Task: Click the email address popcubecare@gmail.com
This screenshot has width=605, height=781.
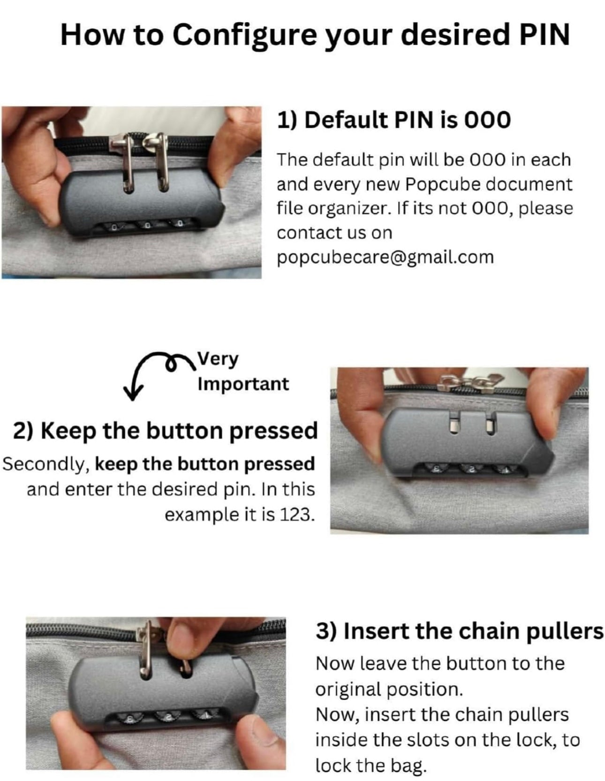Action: coord(385,257)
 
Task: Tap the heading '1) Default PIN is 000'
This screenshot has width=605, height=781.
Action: coord(393,120)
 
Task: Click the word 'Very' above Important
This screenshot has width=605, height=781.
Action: coord(218,359)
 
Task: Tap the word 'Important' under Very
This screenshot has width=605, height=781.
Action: coord(243,384)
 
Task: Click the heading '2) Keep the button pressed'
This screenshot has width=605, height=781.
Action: coord(165,431)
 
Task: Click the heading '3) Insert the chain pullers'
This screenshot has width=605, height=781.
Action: coord(459,631)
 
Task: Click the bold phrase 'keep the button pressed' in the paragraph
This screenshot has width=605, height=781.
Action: coord(205,463)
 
